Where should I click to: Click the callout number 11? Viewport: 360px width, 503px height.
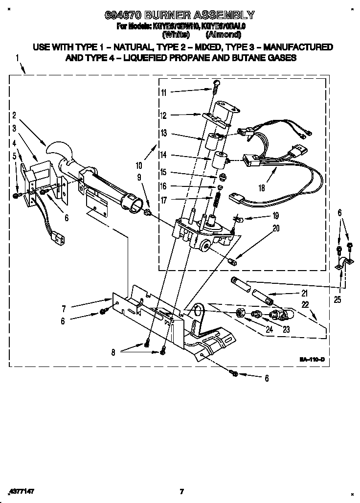[163, 92]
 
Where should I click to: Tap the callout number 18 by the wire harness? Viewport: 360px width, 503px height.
[262, 187]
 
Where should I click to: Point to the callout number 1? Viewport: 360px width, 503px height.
[18, 58]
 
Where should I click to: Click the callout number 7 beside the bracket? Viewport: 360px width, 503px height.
[64, 308]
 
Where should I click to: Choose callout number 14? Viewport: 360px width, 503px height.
[164, 155]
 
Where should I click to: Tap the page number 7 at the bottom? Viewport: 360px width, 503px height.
[181, 491]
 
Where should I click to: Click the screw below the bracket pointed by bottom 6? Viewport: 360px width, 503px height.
[234, 374]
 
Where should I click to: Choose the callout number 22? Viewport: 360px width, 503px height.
[306, 304]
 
